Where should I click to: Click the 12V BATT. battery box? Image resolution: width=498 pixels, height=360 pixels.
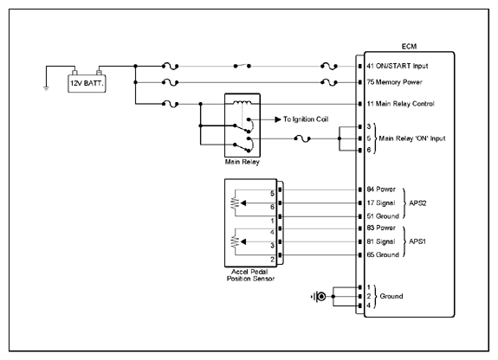[87, 83]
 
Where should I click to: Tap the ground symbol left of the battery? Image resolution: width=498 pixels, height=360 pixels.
[46, 88]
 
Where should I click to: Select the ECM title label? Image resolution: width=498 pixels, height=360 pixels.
[409, 47]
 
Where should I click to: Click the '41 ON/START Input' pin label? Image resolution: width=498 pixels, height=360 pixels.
[398, 66]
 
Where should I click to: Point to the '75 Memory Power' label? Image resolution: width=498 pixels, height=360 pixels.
[394, 82]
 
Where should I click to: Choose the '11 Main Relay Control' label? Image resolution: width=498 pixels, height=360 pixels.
[400, 104]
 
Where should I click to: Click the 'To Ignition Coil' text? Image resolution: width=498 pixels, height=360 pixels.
[306, 119]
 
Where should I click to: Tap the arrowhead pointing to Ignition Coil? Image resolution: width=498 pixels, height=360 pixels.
[278, 119]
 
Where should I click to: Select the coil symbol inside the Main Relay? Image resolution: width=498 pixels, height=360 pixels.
[243, 102]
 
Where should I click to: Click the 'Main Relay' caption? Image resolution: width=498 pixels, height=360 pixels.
[243, 162]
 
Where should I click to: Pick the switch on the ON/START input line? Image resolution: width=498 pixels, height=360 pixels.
[242, 66]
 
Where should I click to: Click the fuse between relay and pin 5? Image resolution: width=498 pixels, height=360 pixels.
[302, 138]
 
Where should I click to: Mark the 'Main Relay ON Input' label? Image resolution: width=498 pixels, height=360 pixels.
[412, 138]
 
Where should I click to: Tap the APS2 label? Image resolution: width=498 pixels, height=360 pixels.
[417, 203]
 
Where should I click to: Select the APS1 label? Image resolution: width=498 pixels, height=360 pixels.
[417, 241]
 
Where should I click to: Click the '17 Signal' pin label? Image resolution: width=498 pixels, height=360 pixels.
[381, 202]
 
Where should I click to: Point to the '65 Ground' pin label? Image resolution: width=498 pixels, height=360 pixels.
[383, 255]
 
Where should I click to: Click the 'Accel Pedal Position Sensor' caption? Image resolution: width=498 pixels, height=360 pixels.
[250, 275]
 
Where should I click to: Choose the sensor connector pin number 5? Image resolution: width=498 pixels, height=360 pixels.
[272, 193]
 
